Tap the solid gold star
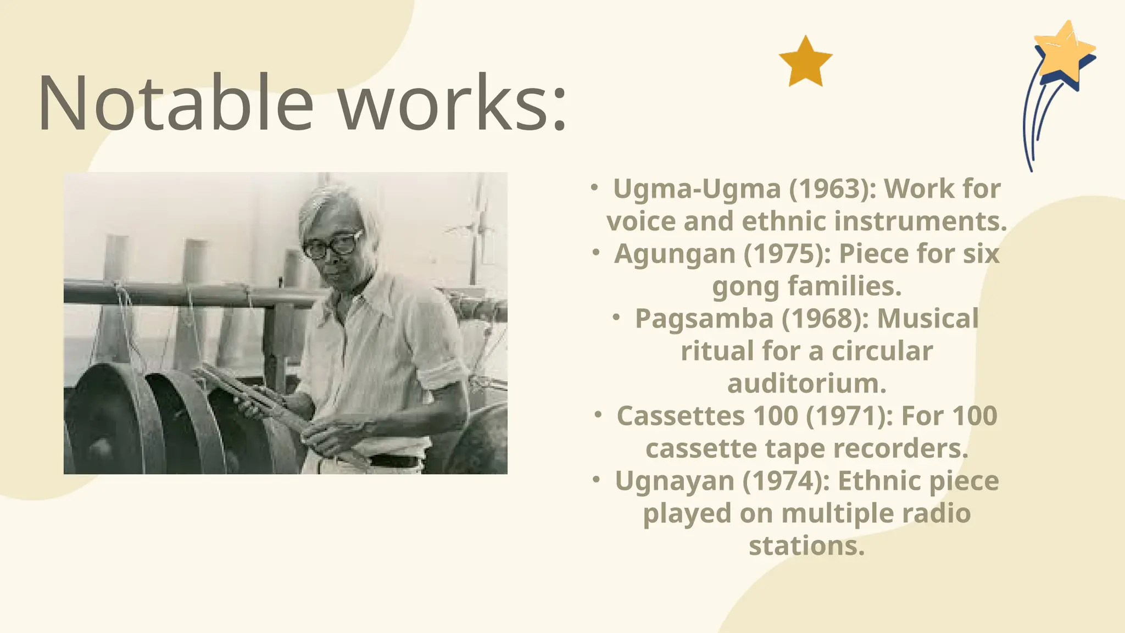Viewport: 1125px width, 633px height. [x=805, y=62]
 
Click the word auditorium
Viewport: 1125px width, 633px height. [x=806, y=384]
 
